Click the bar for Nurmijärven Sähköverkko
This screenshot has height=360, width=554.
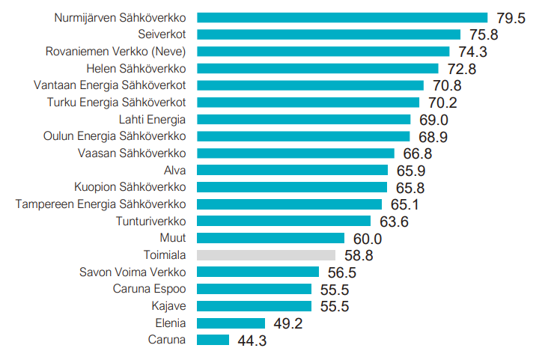pyautogui.click(x=341, y=17)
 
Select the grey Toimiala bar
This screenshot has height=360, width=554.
pyautogui.click(x=266, y=255)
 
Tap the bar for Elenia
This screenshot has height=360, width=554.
pyautogui.click(x=231, y=323)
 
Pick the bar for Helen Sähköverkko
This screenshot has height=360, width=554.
pyautogui.click(x=317, y=68)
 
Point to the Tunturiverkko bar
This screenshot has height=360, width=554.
pyautogui.click(x=284, y=221)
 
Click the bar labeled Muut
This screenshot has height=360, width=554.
pyautogui.click(x=270, y=238)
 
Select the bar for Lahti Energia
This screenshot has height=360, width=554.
pyautogui.click(x=303, y=119)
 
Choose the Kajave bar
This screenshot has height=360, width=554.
pyautogui.click(x=254, y=306)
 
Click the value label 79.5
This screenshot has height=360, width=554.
pyautogui.click(x=511, y=18)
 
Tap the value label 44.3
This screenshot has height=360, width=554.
pyautogui.click(x=252, y=341)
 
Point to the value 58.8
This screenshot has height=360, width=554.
pyautogui.click(x=359, y=256)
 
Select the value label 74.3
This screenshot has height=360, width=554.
pyautogui.click(x=472, y=52)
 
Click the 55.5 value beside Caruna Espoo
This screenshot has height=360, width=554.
pyautogui.click(x=334, y=290)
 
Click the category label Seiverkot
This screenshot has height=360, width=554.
pyautogui.click(x=162, y=34)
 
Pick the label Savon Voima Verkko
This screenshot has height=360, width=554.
pyautogui.click(x=133, y=272)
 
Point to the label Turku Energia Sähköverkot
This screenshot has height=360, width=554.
pyautogui.click(x=116, y=103)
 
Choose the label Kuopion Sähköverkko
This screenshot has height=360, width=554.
pyautogui.click(x=130, y=187)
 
